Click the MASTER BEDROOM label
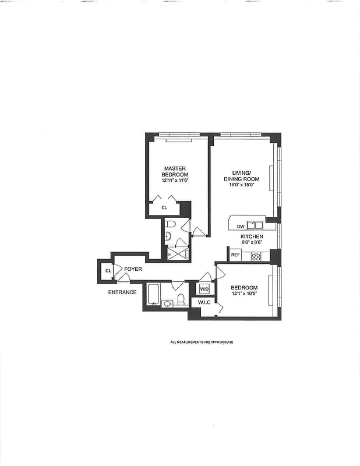175,172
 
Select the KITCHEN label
252,237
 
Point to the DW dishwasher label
240,225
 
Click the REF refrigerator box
235,255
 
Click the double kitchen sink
254,225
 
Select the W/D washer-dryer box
204,289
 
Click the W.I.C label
204,302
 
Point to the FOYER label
133,270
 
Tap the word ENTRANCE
122,292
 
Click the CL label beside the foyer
108,271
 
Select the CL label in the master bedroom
164,207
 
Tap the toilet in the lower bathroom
181,299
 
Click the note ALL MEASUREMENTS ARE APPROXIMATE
202,342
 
